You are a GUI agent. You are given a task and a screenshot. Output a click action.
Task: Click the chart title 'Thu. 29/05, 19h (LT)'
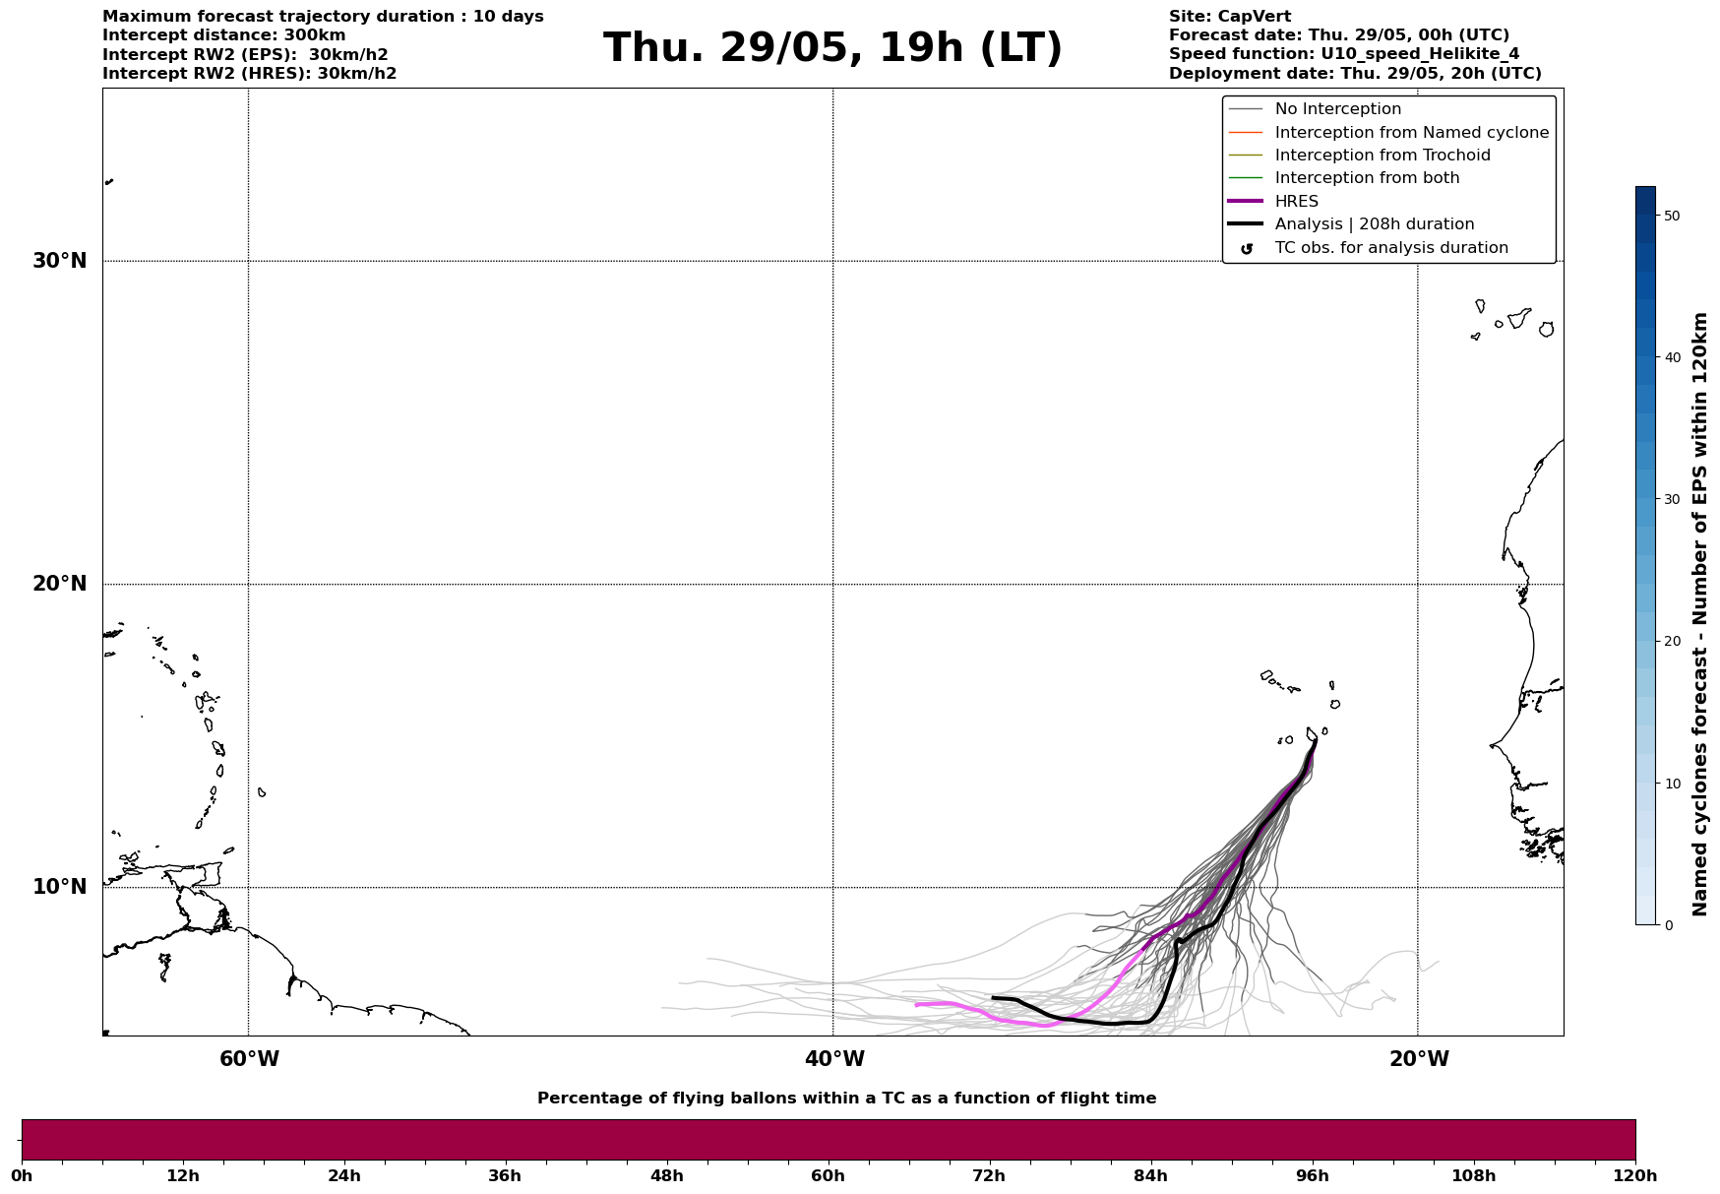tap(832, 48)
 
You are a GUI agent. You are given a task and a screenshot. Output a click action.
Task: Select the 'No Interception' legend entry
tap(1337, 109)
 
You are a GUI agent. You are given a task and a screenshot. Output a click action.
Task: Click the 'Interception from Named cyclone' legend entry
tap(1411, 133)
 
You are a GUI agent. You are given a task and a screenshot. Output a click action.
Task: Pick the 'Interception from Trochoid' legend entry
tap(1382, 156)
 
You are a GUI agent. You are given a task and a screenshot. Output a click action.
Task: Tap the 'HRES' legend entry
tap(1296, 202)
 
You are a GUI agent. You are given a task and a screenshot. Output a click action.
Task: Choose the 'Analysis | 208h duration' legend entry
tap(1374, 224)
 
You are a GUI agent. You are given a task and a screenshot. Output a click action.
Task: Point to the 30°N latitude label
tap(60, 261)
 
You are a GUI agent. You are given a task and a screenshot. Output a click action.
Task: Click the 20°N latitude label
tap(60, 584)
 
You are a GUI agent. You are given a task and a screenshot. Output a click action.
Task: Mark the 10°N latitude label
tap(60, 887)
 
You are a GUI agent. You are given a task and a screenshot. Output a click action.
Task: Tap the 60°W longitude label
tap(249, 1059)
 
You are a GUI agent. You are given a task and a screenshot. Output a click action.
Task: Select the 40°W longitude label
tap(834, 1059)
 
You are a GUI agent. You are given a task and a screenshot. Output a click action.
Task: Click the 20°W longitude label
tap(1419, 1059)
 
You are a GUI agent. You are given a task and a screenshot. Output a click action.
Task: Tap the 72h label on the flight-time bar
tap(989, 1175)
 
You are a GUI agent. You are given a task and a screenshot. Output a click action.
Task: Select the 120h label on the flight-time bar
tap(1635, 1175)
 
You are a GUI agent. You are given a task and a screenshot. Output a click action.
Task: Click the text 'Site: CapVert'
tap(1229, 17)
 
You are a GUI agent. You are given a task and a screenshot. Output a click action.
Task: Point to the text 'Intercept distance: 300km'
tap(223, 35)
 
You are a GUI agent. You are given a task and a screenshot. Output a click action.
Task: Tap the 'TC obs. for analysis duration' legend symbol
tap(1247, 249)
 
